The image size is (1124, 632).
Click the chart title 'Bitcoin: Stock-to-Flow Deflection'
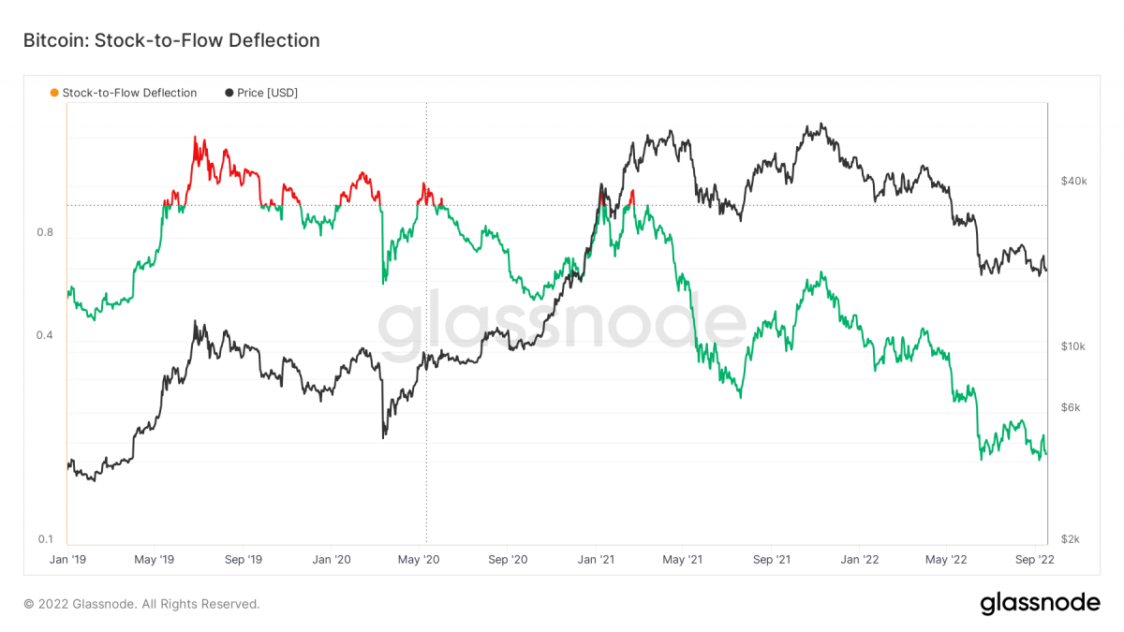(x=171, y=41)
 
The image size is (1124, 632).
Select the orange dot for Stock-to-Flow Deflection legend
(x=53, y=93)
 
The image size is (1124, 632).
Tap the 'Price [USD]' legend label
(x=267, y=93)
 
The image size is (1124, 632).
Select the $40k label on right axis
(x=1072, y=181)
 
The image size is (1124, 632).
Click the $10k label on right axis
(x=1072, y=346)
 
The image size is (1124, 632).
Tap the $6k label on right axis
(x=1072, y=407)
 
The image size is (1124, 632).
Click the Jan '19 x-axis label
(x=67, y=560)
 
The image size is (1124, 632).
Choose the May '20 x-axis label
(x=419, y=560)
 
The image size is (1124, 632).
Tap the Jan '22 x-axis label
(x=859, y=560)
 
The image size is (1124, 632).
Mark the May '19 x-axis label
(x=155, y=560)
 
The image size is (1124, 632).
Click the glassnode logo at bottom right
(x=1040, y=604)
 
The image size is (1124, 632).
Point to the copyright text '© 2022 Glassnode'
(x=141, y=604)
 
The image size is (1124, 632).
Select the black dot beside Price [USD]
(x=229, y=93)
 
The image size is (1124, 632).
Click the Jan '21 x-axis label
(x=596, y=560)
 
